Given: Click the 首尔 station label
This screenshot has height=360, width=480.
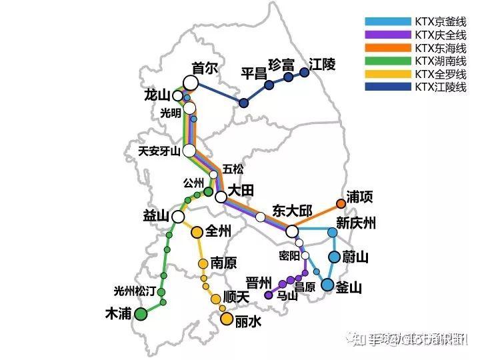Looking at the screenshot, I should [x=205, y=68].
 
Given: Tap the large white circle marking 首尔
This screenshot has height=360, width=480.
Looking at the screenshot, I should [x=191, y=83].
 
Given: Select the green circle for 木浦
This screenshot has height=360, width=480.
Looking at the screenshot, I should [x=141, y=314].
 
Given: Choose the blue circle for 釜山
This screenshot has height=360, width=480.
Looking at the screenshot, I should [x=327, y=285].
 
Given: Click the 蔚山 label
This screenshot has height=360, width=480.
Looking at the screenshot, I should [x=355, y=257].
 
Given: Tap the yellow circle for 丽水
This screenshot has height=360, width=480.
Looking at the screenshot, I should [x=227, y=319].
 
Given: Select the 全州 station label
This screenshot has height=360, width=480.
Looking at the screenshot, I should [x=219, y=232].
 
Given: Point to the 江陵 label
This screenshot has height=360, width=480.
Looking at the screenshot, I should [x=323, y=65].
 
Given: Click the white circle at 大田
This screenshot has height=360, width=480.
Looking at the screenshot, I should [x=221, y=197].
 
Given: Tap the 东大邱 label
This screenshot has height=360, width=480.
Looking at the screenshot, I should [x=292, y=211].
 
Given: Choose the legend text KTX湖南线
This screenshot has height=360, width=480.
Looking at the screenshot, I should [x=441, y=61].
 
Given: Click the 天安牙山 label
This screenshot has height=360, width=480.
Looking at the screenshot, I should [x=159, y=151].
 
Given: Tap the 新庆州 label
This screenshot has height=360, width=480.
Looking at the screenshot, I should [x=356, y=223].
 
